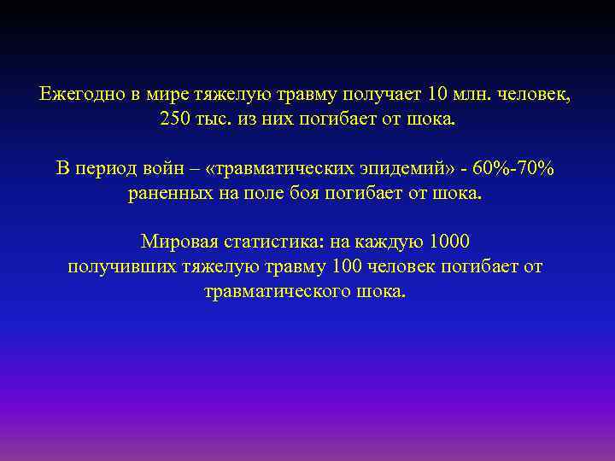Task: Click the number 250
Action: (x=176, y=119)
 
